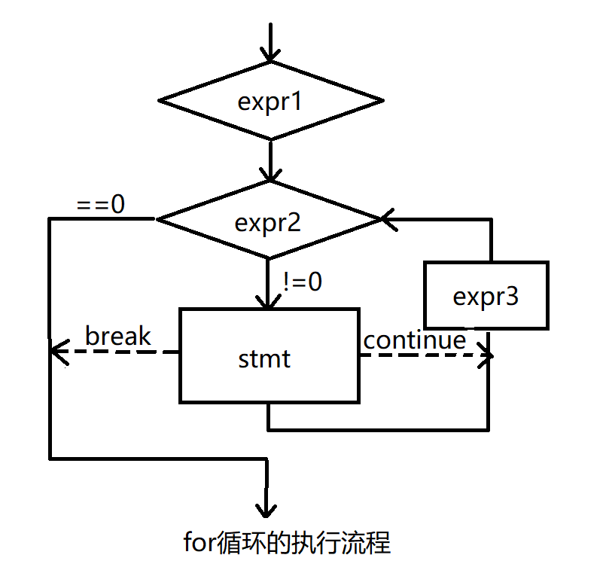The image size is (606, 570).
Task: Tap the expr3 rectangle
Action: click(x=486, y=296)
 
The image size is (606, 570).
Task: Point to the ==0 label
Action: click(x=102, y=204)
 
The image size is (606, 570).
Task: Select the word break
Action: click(x=118, y=336)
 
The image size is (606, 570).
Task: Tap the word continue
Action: click(x=415, y=340)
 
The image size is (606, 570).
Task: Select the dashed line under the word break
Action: click(x=120, y=352)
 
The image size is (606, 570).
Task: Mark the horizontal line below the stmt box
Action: click(x=376, y=430)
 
